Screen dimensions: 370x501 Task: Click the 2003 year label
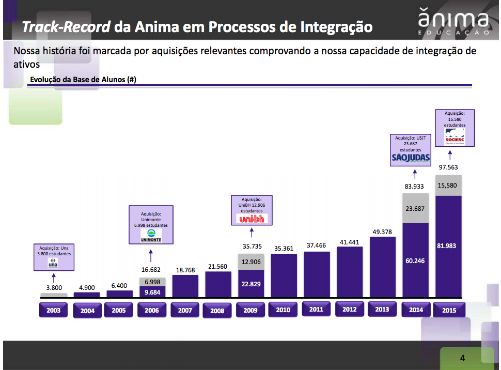[x=53, y=310]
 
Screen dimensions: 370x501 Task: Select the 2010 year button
[x=283, y=310]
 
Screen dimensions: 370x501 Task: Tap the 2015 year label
[x=449, y=310]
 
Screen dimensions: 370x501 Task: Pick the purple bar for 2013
[x=383, y=268]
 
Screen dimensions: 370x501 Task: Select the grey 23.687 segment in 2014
[x=416, y=209]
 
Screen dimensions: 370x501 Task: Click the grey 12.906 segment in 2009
[x=251, y=262]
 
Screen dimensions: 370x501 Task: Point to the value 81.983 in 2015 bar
[x=446, y=246]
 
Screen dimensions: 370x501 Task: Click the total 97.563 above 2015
[x=448, y=167]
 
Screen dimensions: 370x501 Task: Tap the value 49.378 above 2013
[x=382, y=232]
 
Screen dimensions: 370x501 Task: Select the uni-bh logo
[x=251, y=219]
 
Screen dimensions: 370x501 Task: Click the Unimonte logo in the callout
[x=151, y=236]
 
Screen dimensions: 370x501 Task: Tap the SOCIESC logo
[x=455, y=137]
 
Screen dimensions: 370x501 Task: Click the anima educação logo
[x=453, y=23]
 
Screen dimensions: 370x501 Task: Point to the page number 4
[x=462, y=358]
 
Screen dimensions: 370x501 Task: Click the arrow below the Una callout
[x=54, y=279]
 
